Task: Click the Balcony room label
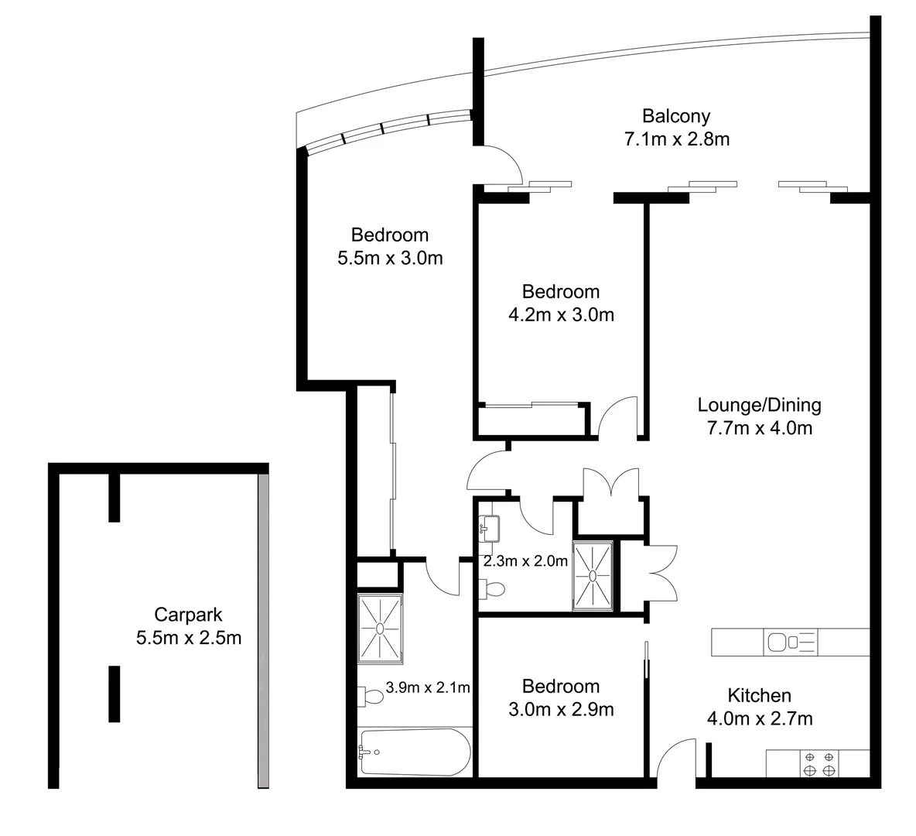pos(676,116)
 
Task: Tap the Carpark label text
pos(188,615)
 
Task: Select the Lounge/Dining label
pos(759,405)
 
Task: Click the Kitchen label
pos(759,695)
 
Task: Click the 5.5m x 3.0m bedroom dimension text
pos(390,258)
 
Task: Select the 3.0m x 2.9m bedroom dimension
pos(560,709)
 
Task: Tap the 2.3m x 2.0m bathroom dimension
pos(525,561)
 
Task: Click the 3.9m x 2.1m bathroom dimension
pos(428,687)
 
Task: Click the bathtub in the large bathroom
pos(414,752)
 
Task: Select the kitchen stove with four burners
pos(819,764)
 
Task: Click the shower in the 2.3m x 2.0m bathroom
pos(593,575)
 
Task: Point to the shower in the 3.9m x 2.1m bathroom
pos(380,629)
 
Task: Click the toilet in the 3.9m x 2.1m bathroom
pos(371,697)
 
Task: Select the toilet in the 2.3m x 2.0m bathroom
pos(492,589)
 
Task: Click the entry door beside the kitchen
pos(678,756)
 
